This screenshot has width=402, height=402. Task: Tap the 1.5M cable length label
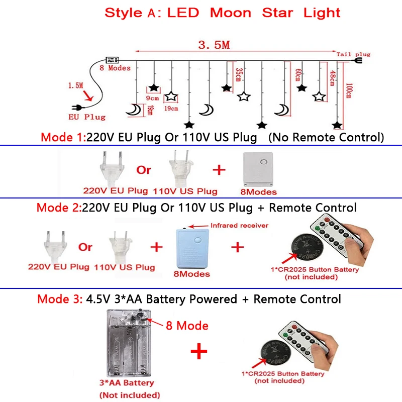pyautogui.click(x=75, y=85)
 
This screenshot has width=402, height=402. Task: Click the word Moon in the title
pyautogui.click(x=231, y=13)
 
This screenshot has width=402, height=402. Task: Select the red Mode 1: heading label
pyautogui.click(x=63, y=137)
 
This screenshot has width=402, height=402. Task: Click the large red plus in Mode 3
pyautogui.click(x=199, y=351)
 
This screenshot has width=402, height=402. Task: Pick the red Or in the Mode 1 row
pyautogui.click(x=144, y=170)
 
